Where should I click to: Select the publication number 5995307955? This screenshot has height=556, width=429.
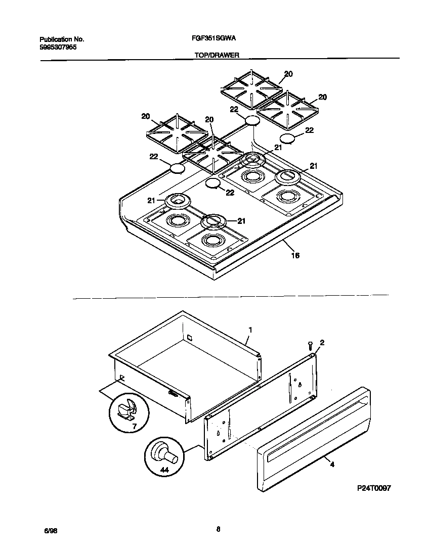[x=58, y=48]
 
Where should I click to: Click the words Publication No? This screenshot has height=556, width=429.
[x=61, y=39]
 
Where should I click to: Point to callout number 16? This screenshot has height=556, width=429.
[x=295, y=256]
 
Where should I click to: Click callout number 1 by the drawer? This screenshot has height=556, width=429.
[x=249, y=330]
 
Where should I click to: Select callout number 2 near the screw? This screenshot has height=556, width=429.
[x=322, y=343]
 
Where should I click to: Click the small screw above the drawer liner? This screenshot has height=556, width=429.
[x=310, y=345]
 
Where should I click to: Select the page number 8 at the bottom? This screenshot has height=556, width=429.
[x=218, y=529]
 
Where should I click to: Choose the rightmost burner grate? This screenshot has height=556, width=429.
[x=287, y=110]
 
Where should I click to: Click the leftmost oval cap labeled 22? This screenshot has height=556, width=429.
[x=176, y=169]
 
